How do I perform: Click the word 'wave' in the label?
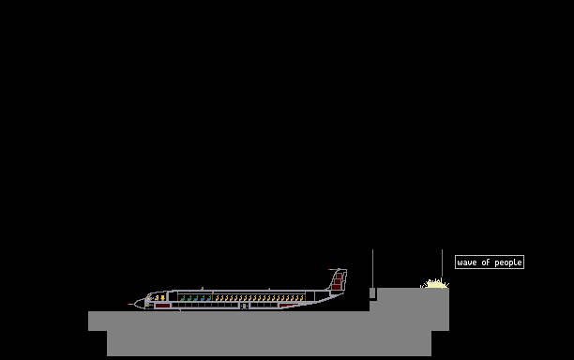click(x=467, y=262)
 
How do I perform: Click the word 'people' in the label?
click(x=508, y=263)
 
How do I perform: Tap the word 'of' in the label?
click(x=486, y=262)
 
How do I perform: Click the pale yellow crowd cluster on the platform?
click(x=434, y=283)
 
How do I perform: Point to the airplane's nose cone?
click(x=140, y=304)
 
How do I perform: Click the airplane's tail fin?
click(x=339, y=280)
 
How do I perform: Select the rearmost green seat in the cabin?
click(x=209, y=298)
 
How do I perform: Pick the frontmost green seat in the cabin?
click(x=183, y=298)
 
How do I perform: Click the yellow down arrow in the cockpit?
click(x=162, y=298)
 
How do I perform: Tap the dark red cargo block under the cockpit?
click(x=162, y=306)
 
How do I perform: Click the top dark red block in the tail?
click(x=340, y=277)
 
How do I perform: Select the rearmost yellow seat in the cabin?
click(x=302, y=298)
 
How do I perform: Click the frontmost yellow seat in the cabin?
click(x=217, y=298)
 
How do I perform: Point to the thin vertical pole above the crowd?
click(x=442, y=263)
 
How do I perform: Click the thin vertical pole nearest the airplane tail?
click(x=372, y=268)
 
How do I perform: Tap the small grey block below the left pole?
click(x=372, y=293)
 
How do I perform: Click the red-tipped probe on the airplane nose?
click(x=130, y=304)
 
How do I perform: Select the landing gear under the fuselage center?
click(x=245, y=307)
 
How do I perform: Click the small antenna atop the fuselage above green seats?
click(x=202, y=289)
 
